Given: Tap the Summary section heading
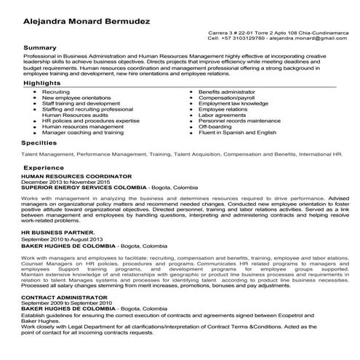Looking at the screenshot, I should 40,47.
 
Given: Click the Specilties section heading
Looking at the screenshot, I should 39,144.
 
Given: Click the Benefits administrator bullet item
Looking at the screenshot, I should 228,93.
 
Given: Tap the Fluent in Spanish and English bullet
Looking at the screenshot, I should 238,133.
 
